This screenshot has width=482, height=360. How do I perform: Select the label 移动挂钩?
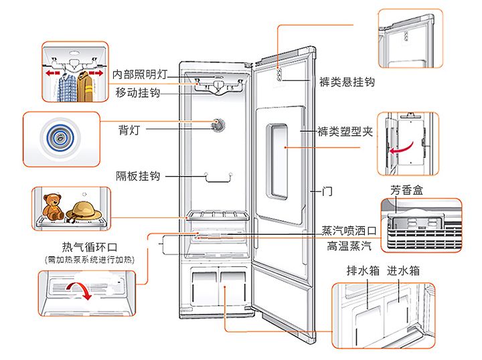137,92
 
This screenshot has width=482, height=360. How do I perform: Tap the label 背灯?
129,128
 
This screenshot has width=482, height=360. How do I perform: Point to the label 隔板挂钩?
137,176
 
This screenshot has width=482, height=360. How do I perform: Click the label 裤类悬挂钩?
346,82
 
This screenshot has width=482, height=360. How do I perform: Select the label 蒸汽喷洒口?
349,230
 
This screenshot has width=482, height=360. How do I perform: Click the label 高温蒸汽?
349,246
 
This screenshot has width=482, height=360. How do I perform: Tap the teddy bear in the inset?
52,206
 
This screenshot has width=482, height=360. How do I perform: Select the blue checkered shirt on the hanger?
66,86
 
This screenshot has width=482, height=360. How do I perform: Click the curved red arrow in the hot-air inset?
82,291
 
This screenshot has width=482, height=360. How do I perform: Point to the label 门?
327,191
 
